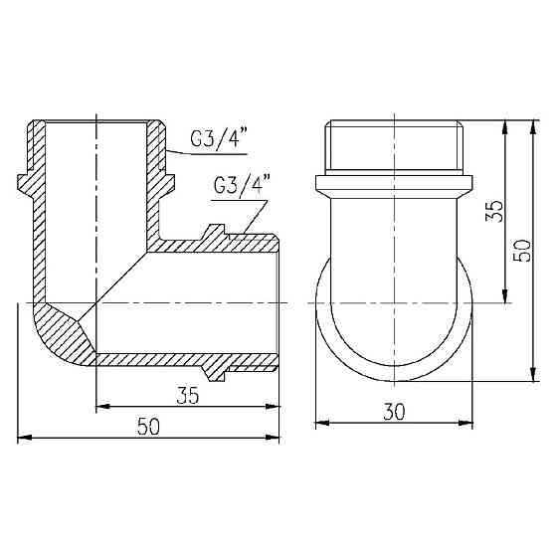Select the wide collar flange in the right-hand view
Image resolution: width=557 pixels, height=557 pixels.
[396, 186]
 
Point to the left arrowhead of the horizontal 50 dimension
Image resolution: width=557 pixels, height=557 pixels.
[24, 437]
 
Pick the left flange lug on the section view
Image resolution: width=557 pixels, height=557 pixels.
[25, 183]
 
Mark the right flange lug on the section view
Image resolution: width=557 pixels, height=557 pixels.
[169, 183]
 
